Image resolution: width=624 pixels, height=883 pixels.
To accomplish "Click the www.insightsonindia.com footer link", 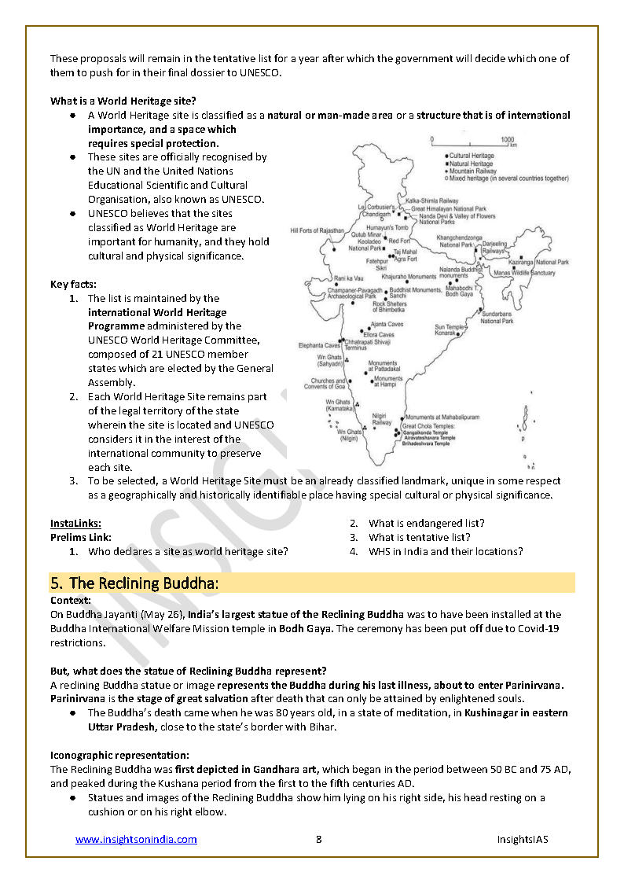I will point(136,839).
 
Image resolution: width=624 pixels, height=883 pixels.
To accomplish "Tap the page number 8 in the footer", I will point(318,839).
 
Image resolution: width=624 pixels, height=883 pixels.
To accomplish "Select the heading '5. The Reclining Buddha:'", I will point(134,583).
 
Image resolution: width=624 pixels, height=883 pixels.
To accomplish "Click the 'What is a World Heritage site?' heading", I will point(123,101).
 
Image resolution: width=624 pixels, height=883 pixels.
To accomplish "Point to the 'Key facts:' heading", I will point(73,284).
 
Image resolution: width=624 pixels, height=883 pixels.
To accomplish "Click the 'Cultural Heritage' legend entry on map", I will point(472,156).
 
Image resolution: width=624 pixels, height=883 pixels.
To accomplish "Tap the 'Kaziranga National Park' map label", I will point(541,262).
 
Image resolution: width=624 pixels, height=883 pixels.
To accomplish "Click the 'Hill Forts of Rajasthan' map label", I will point(318,230).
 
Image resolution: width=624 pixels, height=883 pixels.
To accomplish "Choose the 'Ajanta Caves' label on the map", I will point(387,324).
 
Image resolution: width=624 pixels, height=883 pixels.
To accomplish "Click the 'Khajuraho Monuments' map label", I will point(408,277).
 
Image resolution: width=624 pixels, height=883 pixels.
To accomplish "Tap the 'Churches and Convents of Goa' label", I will point(325,384).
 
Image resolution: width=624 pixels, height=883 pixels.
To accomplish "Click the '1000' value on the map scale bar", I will point(507,138).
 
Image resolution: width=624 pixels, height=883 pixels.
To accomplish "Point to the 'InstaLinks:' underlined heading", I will point(75,523).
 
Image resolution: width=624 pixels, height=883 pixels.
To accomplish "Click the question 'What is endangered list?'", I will point(426,523).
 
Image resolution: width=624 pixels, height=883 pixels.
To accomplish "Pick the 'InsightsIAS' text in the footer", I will point(522,839).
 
